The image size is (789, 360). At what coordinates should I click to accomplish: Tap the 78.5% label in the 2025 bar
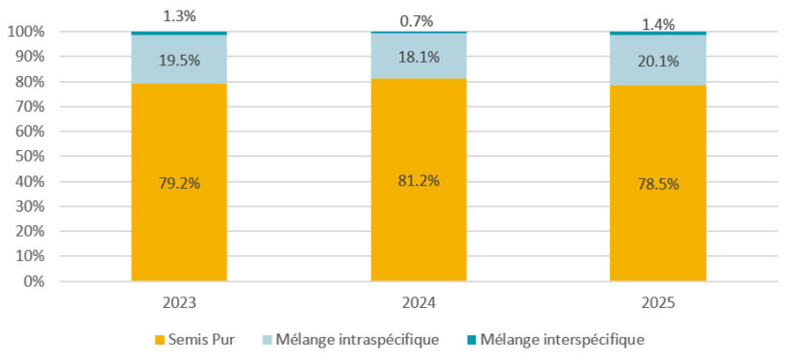[x=658, y=185]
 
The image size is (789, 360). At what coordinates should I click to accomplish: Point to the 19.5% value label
[x=179, y=60]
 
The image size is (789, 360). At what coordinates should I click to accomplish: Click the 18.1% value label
[x=419, y=57]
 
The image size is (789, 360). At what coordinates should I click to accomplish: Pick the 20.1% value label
[x=658, y=61]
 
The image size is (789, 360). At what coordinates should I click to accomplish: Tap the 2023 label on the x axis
[x=179, y=302]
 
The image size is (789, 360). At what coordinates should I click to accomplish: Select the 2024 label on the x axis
[x=419, y=302]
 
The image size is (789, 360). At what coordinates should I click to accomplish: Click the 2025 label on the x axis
[x=658, y=302]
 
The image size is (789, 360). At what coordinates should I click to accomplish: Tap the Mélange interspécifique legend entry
[x=561, y=340]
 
